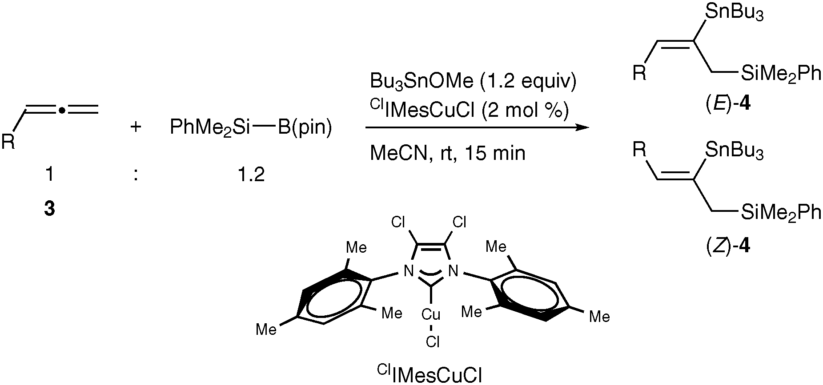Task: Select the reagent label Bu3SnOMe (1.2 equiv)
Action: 473,82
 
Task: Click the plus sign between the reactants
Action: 136,127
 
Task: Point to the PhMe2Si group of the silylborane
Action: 210,128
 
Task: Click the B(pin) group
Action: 305,128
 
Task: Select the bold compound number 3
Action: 49,208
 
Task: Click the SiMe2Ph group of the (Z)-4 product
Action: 780,212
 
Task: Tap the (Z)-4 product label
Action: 728,246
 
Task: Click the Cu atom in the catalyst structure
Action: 431,315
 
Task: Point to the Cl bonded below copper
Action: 432,341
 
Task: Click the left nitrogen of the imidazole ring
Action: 407,270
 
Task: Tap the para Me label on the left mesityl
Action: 266,329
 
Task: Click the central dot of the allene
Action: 63,109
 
